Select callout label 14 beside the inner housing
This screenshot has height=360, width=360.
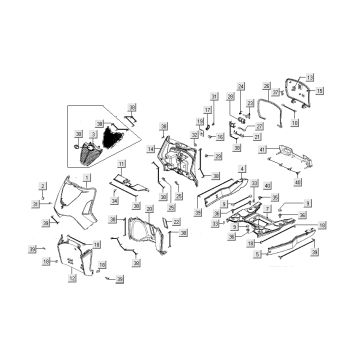pos(149,149)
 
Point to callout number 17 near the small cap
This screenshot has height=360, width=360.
pos(208,110)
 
